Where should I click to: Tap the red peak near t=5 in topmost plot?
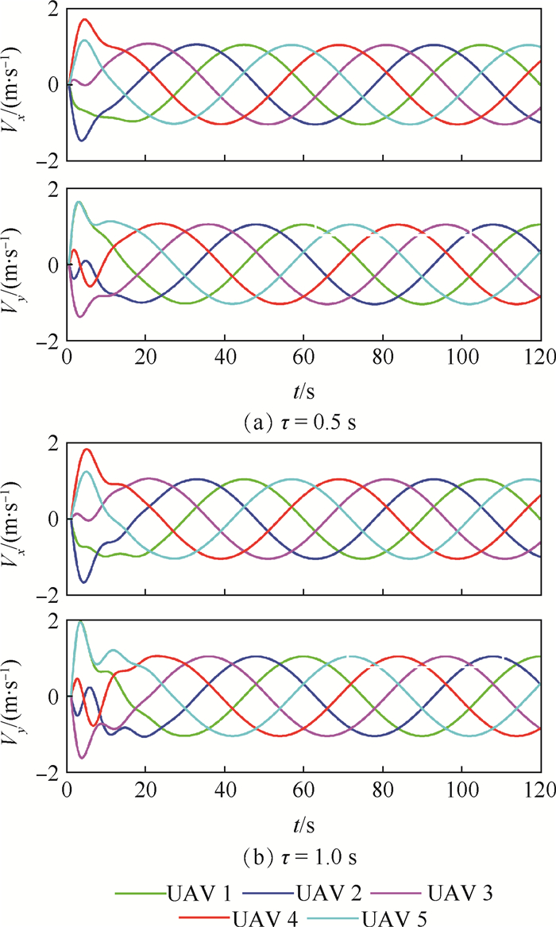point(84,20)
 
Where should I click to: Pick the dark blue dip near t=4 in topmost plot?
point(81,141)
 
